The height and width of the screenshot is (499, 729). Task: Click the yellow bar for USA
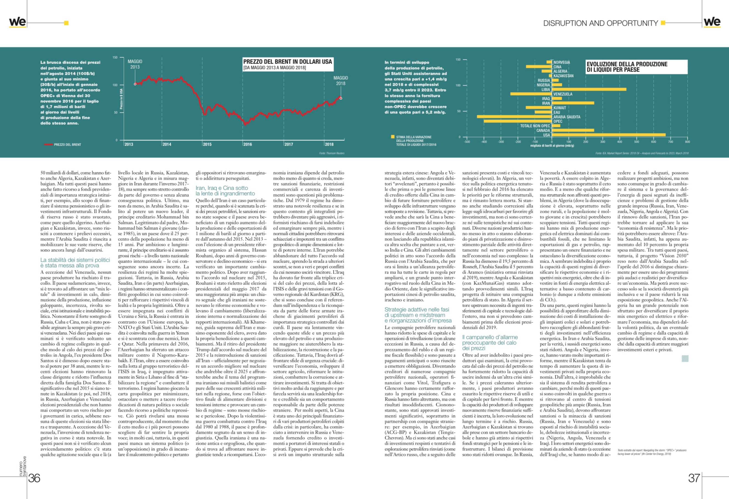608,135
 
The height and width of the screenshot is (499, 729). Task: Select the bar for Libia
589,89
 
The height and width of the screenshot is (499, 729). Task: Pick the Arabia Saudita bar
515,117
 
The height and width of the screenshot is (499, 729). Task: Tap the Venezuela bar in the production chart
531,94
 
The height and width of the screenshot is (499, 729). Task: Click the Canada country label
543,130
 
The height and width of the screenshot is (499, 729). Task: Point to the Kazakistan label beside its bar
563,76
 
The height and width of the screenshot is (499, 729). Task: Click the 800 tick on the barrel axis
687,142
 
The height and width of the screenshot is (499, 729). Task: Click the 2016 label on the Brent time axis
247,144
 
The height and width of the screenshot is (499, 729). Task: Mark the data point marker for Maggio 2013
135,84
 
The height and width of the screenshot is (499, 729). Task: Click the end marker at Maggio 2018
341,98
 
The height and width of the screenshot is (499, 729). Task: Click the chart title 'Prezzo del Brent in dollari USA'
287,62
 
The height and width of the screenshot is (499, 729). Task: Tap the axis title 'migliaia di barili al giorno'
552,146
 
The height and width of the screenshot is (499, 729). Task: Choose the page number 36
34,478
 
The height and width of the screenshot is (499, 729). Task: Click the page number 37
694,478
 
